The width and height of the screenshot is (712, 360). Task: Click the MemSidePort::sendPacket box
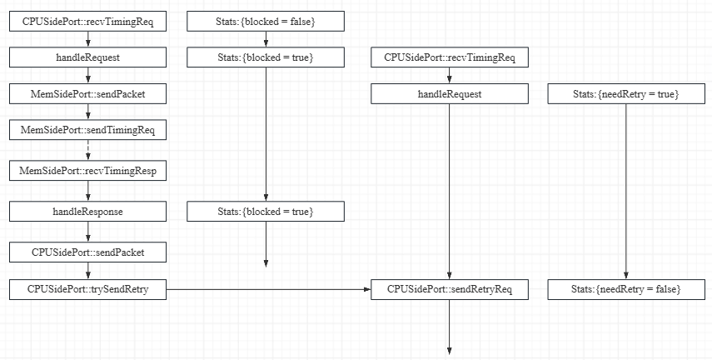point(87,94)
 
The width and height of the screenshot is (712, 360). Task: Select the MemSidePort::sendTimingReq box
point(87,130)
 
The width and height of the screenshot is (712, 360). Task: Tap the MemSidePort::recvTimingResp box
point(87,171)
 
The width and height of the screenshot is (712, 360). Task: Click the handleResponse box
point(87,212)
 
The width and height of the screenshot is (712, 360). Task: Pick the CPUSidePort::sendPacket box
point(87,251)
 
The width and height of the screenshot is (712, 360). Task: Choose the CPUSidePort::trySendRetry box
point(87,290)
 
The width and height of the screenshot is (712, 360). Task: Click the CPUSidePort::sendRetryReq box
point(450,290)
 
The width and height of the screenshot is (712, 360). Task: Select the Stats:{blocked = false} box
point(266,20)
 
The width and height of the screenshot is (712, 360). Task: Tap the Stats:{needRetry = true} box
point(626,94)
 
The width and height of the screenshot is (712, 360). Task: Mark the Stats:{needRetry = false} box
point(626,290)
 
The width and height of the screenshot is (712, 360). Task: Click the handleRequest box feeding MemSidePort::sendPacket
point(87,57)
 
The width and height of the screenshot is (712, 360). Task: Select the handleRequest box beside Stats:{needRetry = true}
point(450,94)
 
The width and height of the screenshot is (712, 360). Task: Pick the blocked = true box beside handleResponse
point(266,212)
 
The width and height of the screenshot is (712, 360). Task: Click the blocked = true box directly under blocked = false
point(266,57)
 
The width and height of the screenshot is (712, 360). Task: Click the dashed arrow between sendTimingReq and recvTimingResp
point(87,151)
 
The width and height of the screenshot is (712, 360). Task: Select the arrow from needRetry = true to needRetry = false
point(626,192)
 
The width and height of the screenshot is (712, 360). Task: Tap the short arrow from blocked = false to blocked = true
point(266,38)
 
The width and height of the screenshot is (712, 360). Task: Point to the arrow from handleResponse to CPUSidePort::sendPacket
point(87,232)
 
